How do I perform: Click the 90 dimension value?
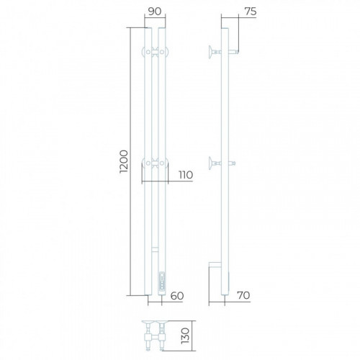[155, 12]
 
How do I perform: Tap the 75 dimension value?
[251, 12]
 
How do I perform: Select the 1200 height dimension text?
[124, 161]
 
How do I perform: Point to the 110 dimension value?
[186, 175]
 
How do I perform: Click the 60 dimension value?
[177, 296]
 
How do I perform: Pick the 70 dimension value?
[243, 295]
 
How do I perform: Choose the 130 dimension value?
[185, 336]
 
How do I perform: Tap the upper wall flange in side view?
[210, 51]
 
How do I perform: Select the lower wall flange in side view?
[210, 163]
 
